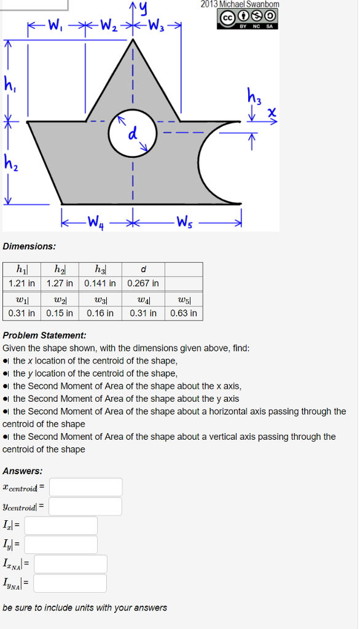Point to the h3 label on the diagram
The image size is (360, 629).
[254, 96]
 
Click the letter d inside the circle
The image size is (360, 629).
[132, 135]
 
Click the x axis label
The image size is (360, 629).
[271, 113]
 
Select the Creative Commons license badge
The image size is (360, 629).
[248, 18]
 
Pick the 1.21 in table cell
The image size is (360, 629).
[22, 283]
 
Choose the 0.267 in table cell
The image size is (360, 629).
[143, 283]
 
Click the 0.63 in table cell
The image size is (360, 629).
[184, 313]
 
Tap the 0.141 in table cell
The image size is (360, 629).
[100, 283]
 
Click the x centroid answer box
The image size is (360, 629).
[86, 487]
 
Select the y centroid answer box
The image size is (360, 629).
[85, 506]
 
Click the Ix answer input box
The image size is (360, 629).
[61, 525]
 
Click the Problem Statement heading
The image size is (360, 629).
[44, 335]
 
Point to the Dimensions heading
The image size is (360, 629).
[29, 246]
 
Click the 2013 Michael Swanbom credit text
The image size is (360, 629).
[240, 4]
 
